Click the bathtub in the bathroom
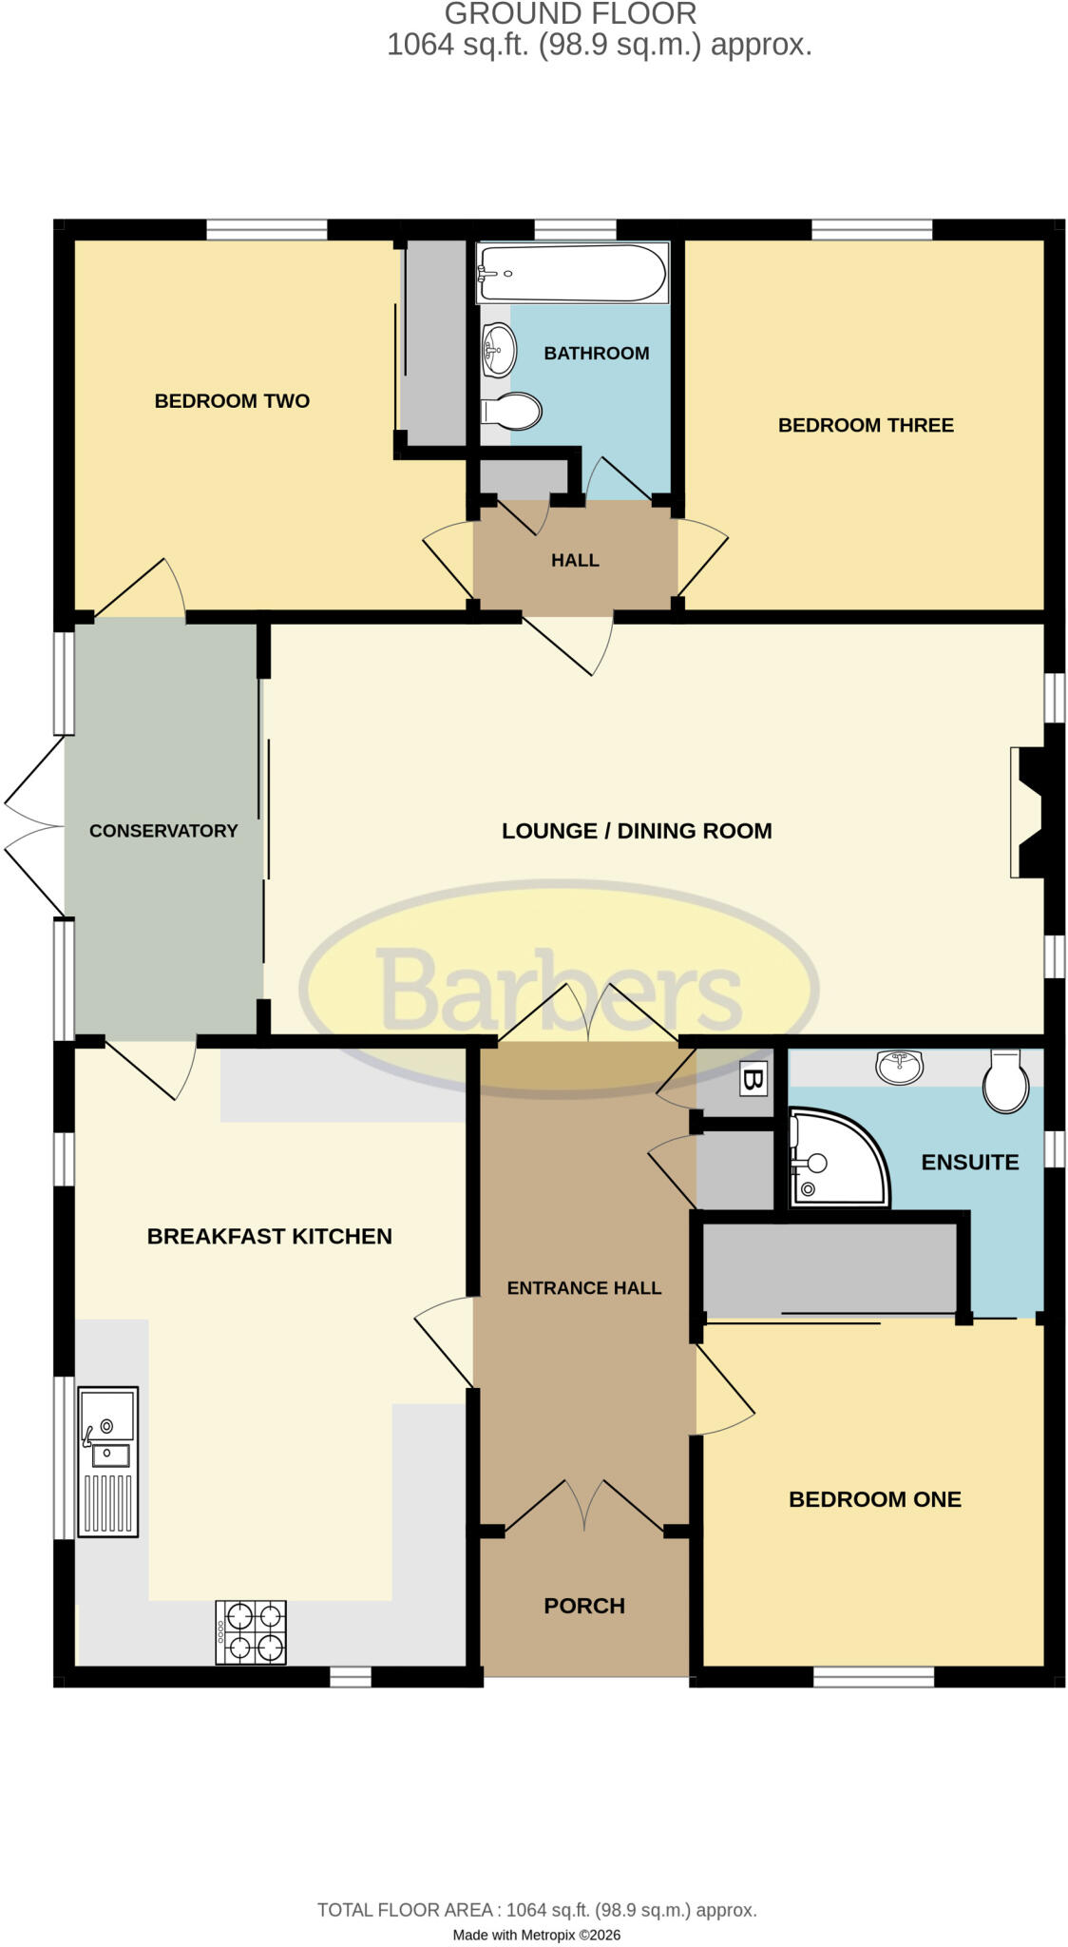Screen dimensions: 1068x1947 point(573,273)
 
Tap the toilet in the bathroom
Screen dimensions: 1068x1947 point(511,412)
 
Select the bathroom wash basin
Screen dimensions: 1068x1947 point(499,350)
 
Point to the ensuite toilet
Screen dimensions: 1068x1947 point(1005,1081)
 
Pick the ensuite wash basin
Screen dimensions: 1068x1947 point(899,1066)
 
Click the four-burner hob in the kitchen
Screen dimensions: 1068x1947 point(251,1631)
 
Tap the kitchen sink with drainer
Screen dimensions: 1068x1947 point(109,1461)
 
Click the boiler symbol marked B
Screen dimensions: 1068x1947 point(753,1079)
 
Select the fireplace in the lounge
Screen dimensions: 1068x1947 point(1027,812)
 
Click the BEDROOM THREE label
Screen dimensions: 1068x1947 point(866,425)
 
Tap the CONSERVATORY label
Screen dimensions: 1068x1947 point(163,831)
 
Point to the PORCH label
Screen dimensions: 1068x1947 point(584,1606)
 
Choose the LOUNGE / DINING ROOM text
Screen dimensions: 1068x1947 point(637,831)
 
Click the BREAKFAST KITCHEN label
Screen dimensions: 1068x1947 point(270,1236)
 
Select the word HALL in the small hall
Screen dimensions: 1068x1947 point(575,561)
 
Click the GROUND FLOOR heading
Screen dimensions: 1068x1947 point(571,13)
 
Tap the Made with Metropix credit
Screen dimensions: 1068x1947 point(537,1935)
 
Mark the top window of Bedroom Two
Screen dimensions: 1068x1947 point(267,229)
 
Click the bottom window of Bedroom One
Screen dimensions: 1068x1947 point(874,1677)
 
